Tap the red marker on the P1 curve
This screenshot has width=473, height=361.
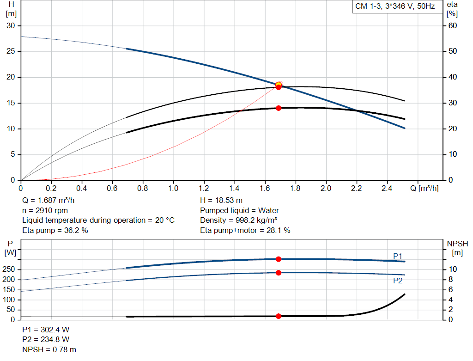point(279,259)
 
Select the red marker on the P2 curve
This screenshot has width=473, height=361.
point(279,273)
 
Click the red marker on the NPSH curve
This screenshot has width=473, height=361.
point(279,316)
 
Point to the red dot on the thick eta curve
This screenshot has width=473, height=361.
point(279,108)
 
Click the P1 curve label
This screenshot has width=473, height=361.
point(398,256)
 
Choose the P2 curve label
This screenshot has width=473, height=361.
point(398,281)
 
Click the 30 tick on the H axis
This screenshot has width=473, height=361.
point(10,25)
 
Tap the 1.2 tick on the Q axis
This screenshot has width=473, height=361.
point(204,189)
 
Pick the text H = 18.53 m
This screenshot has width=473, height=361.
point(221,201)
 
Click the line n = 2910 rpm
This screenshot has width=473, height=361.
point(45,210)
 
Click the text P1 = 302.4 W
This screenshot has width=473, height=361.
point(46,330)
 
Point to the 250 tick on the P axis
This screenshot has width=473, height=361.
point(9,269)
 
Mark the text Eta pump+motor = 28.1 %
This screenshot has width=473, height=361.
point(245,230)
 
